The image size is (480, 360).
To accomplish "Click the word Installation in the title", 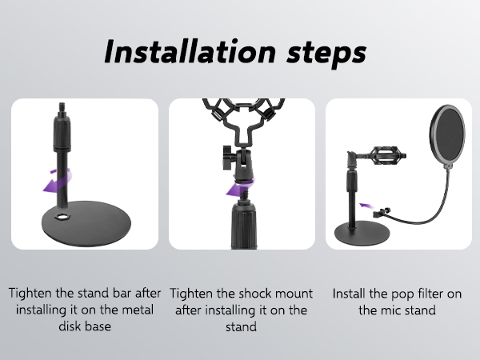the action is (190, 51).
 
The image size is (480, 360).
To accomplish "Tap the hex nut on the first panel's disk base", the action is (62, 217).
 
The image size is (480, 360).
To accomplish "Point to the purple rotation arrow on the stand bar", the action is (57, 181).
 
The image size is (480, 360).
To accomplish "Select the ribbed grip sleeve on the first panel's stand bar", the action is (62, 133).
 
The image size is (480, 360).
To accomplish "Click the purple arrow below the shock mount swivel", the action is (239, 186).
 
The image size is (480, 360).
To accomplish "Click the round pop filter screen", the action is (447, 136).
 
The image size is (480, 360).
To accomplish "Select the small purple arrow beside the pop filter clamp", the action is (366, 205).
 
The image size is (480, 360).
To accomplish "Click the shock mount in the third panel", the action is (387, 157).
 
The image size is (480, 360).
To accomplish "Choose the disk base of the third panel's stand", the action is (362, 232).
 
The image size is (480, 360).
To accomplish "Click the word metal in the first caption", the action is (138, 310).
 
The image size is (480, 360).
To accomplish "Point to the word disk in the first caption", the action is (69, 326).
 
